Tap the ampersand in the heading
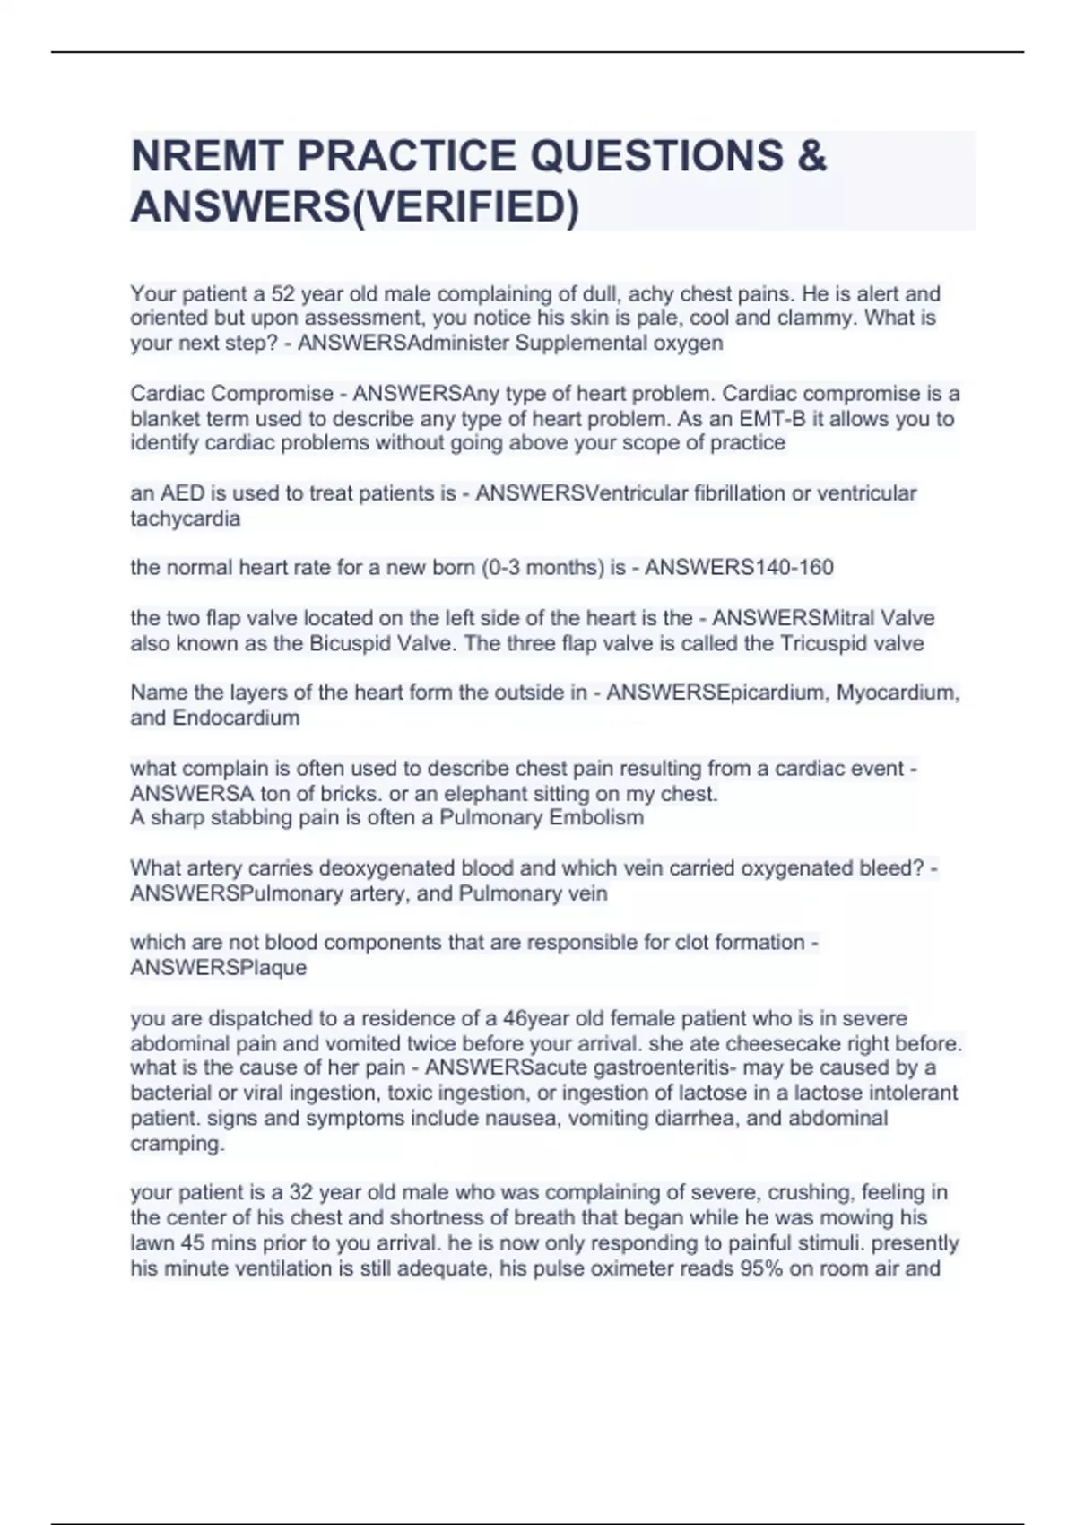tap(811, 156)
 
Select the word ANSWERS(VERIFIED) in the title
tap(355, 207)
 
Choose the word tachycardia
tap(186, 518)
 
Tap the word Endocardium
tap(236, 719)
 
